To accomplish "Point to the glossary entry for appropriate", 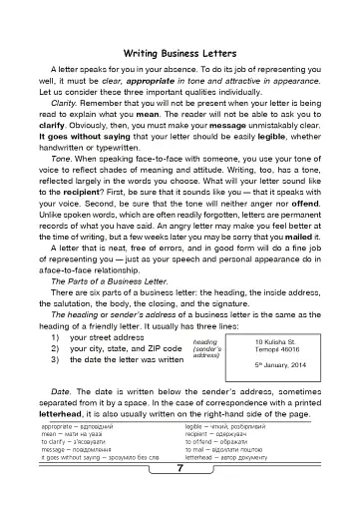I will (97, 454).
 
